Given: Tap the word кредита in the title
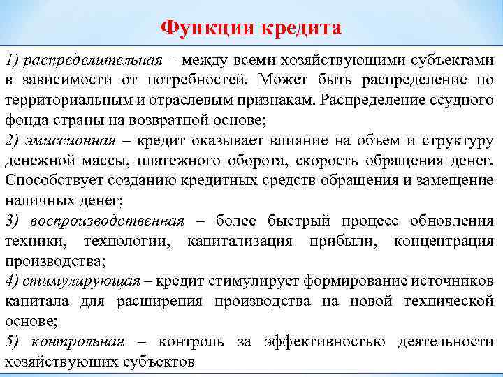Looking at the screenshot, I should click(302, 28).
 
